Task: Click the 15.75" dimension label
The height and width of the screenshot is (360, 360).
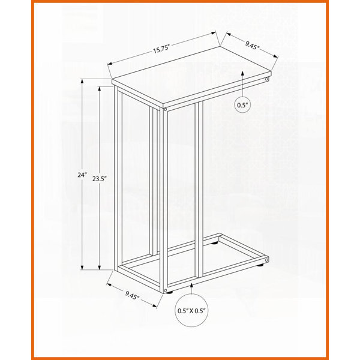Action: [161, 49]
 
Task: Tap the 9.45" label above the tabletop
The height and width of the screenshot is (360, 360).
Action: [252, 44]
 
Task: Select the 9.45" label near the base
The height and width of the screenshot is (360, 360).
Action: [132, 295]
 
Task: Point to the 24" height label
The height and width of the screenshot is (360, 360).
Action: [82, 175]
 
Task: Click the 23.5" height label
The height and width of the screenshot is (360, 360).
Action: [100, 179]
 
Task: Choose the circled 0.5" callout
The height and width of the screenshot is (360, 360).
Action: [242, 105]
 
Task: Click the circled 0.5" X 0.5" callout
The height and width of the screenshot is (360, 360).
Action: [191, 311]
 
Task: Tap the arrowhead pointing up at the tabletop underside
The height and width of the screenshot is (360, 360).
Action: [242, 74]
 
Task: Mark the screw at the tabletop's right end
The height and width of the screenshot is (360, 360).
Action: [266, 79]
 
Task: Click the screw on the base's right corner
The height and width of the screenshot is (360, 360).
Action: [266, 260]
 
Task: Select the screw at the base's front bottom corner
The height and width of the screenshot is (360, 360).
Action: [166, 290]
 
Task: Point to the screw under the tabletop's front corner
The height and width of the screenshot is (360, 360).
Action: [165, 109]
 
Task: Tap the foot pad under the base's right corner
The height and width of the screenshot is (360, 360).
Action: [260, 265]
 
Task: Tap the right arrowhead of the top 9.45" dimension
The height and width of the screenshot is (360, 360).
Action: [275, 56]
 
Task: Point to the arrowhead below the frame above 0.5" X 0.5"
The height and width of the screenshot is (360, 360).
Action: [191, 286]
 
